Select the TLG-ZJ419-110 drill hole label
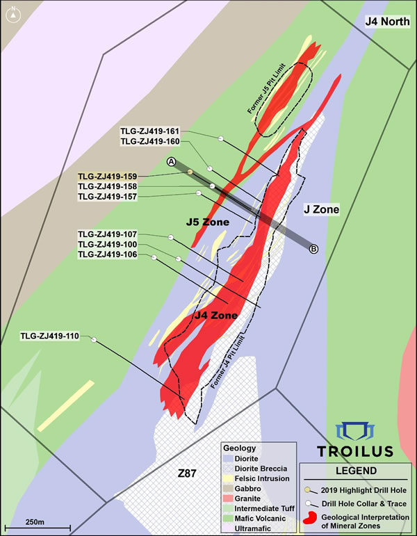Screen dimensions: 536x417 [50, 336]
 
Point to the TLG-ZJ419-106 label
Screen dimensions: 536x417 [108, 254]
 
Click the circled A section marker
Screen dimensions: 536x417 [171, 161]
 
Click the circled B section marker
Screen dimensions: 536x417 [313, 249]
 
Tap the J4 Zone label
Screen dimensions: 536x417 [215, 316]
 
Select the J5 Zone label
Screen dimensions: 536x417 [207, 222]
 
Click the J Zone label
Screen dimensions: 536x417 [321, 209]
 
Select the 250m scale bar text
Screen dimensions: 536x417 [35, 521]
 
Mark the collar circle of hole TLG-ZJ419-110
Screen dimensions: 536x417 [93, 339]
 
